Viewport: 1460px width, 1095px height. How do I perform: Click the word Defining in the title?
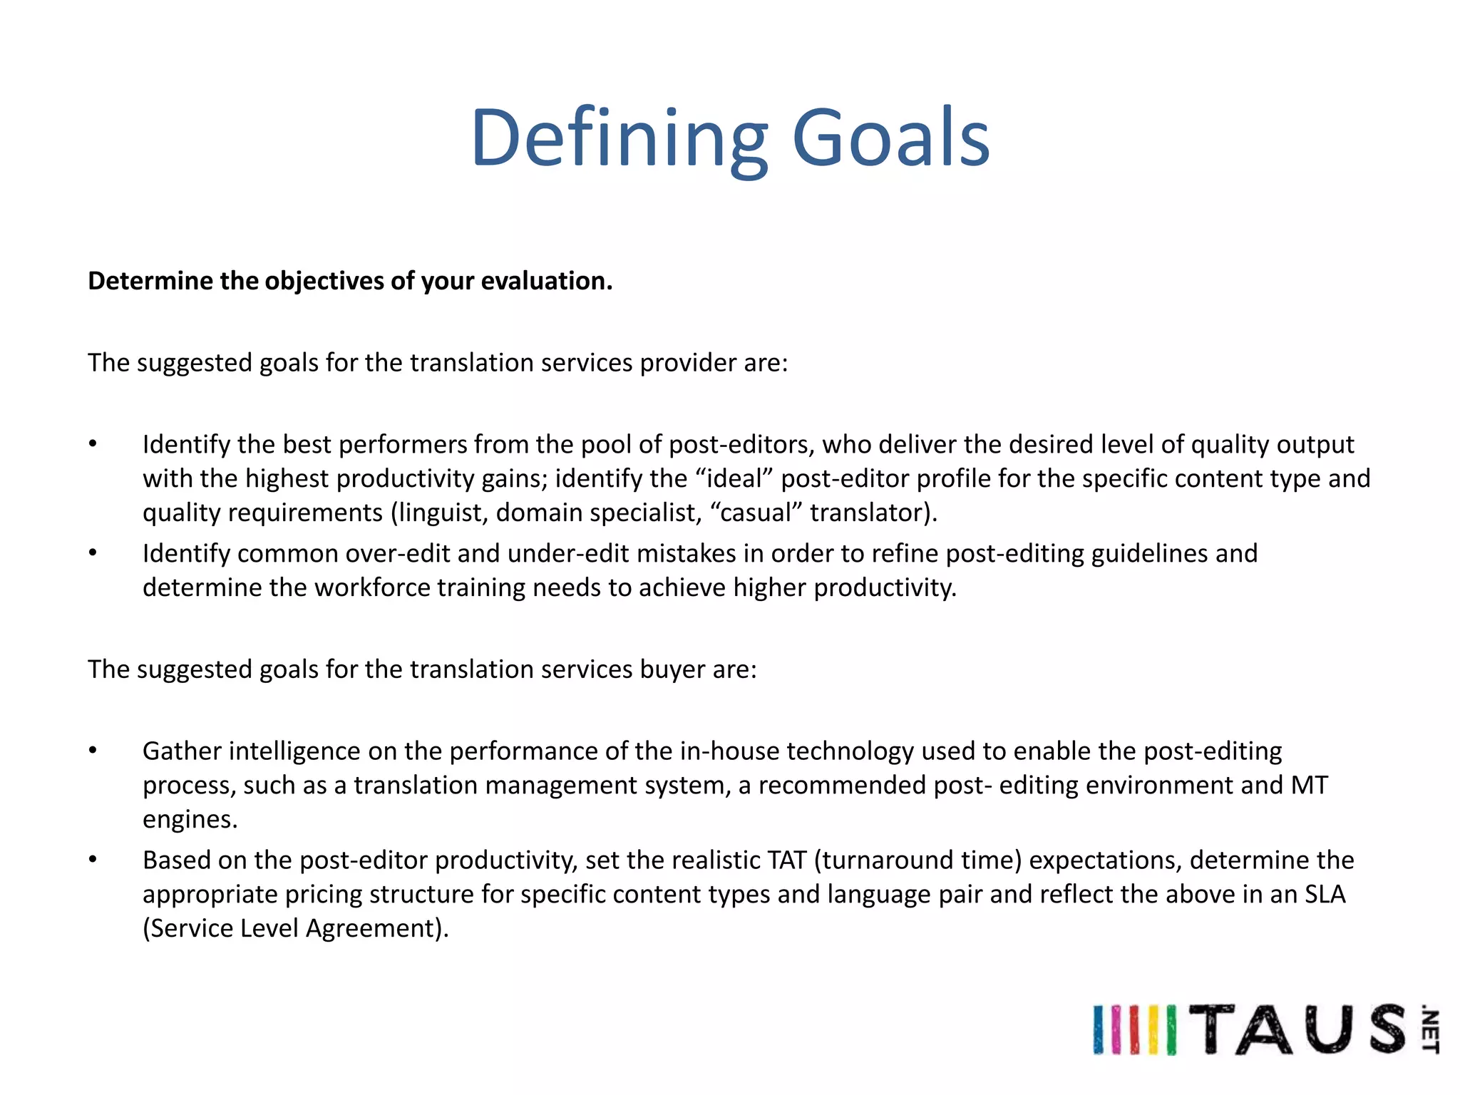click(x=619, y=138)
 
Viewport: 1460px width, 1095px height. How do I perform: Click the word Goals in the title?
click(x=890, y=138)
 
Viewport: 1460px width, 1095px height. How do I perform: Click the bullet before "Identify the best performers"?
click(x=93, y=444)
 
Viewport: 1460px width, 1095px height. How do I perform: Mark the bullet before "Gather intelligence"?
click(x=93, y=751)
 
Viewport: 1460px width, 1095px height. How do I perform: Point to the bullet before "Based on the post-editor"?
click(x=93, y=860)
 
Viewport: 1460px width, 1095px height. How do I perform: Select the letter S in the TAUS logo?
click(x=1386, y=1029)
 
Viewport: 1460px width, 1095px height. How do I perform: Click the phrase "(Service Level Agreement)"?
click(x=295, y=928)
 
